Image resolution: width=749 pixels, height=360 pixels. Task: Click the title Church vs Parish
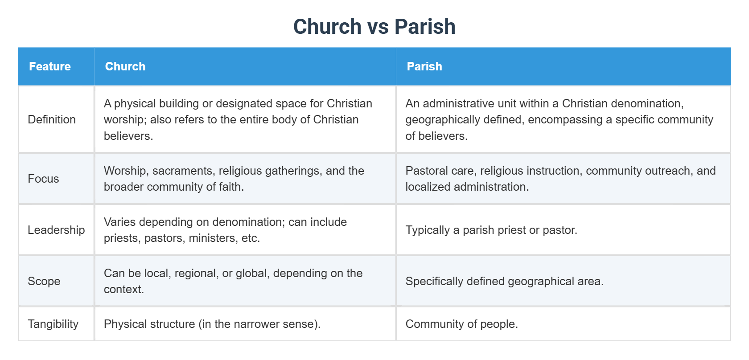374,26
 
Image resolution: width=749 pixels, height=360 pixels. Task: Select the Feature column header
49,66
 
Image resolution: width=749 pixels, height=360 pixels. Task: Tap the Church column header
125,66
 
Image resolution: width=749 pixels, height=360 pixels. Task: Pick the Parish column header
424,66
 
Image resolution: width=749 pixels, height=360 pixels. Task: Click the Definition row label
52,119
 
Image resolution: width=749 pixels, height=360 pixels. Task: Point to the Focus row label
43,179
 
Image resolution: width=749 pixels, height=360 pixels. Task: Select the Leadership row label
56,230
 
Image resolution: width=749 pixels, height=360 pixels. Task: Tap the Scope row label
44,281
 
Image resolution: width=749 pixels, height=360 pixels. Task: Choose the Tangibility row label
53,324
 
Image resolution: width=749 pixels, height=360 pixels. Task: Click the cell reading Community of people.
461,324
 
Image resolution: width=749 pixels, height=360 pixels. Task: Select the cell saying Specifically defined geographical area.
504,281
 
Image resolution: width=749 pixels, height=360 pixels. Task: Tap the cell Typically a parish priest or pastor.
491,230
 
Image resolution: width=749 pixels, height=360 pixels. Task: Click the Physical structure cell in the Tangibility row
212,324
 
